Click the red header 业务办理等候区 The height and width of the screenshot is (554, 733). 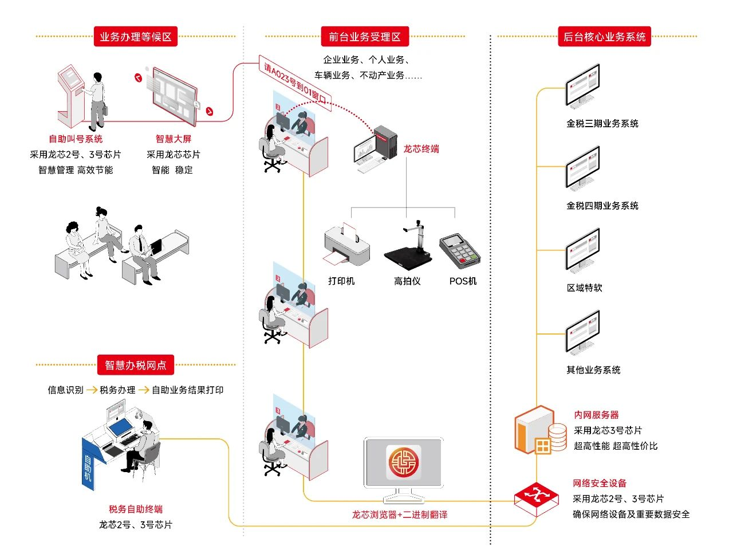(136, 37)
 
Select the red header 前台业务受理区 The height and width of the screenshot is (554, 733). (365, 37)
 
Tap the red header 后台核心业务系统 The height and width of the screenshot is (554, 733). (604, 37)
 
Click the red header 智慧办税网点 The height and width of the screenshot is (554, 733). (136, 365)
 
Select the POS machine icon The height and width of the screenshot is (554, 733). (459, 250)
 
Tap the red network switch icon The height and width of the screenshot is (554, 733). (536, 496)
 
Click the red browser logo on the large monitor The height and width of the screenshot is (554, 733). (404, 462)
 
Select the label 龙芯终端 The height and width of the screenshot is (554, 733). (421, 149)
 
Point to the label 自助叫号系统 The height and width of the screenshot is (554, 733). (76, 139)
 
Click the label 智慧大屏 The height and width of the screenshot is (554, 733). (174, 139)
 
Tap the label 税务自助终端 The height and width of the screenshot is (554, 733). (136, 509)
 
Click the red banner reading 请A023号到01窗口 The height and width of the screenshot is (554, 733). (294, 84)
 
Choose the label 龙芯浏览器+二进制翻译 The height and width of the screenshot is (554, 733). (400, 514)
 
